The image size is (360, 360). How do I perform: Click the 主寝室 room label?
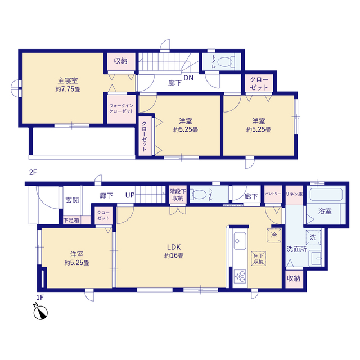(67, 80)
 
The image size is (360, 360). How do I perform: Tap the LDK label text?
(174, 247)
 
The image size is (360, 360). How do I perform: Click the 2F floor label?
(33, 172)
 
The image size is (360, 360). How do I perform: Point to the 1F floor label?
(40, 298)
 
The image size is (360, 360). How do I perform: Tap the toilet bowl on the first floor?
(199, 195)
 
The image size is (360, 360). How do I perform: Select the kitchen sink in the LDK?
(240, 241)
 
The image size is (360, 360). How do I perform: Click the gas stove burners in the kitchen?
(240, 276)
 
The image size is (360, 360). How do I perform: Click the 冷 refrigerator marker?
(274, 235)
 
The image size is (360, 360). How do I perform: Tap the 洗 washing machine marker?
(313, 237)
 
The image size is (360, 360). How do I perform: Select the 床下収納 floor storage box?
(259, 259)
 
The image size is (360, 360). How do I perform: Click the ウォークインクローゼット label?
(121, 109)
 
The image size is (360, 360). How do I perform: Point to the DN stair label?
(188, 78)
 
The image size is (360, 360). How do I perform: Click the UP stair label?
(130, 195)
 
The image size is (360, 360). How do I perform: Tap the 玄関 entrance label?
(72, 200)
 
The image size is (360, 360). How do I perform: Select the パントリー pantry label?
(273, 193)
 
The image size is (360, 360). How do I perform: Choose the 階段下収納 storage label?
(178, 195)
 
